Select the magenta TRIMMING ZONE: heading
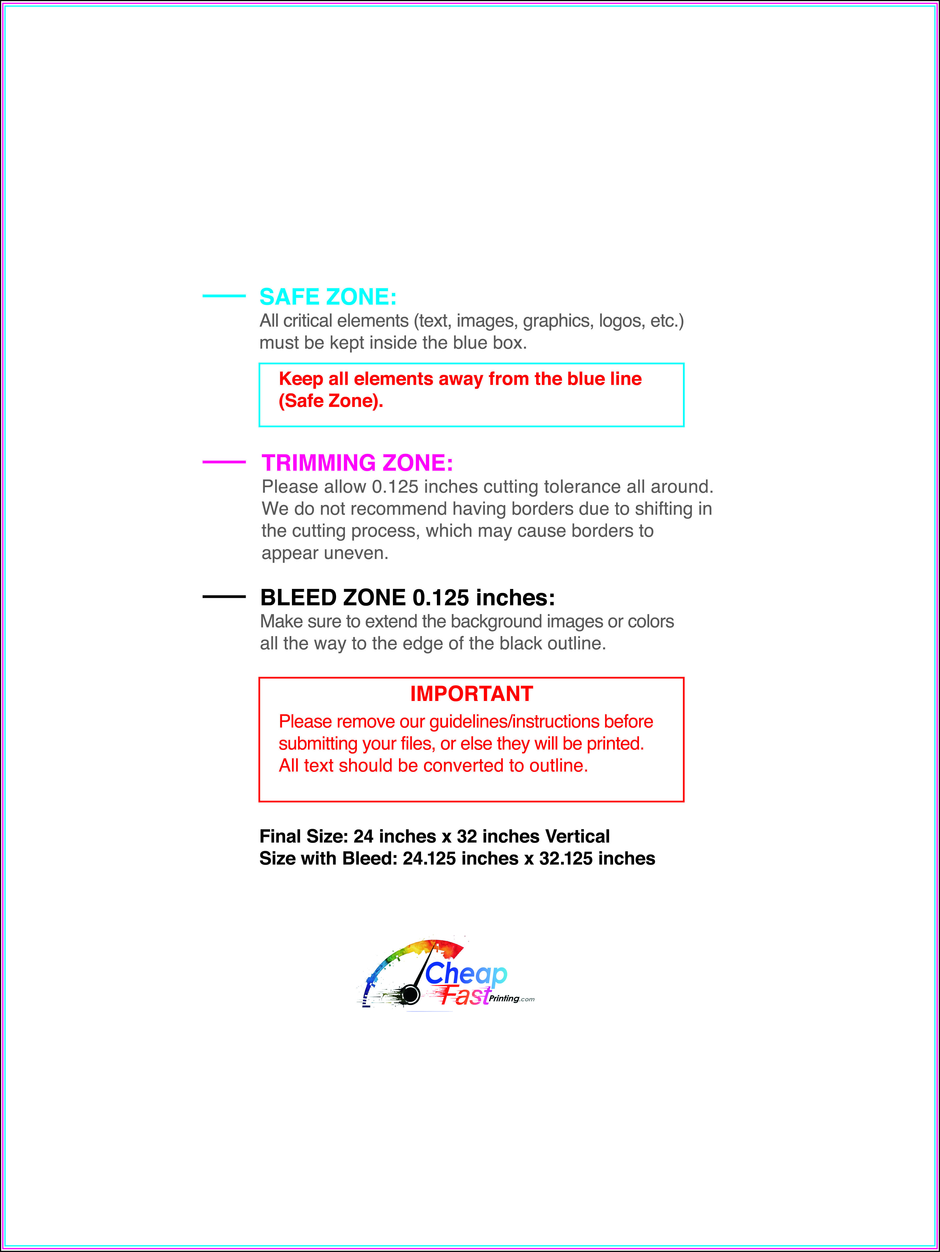pos(357,463)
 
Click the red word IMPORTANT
pos(471,694)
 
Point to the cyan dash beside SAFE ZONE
pos(224,295)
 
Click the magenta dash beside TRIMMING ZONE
pos(224,462)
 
